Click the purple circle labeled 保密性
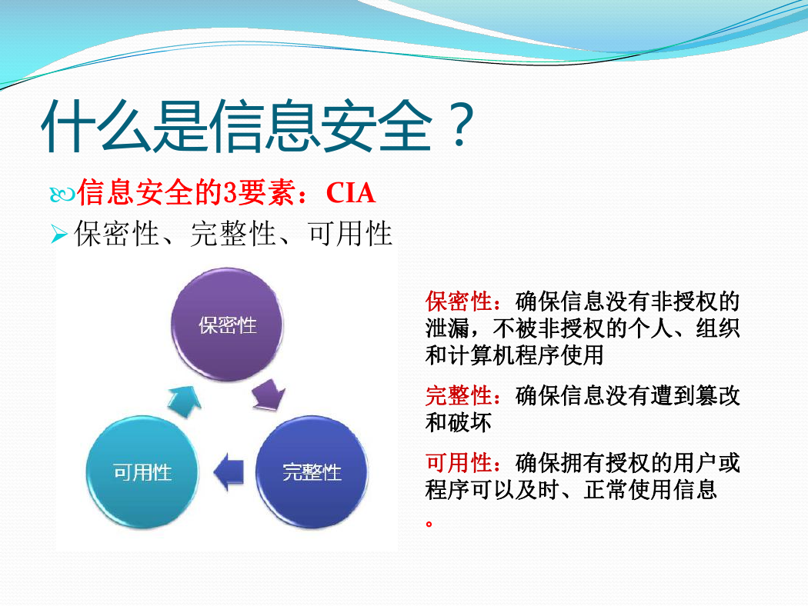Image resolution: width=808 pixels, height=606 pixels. click(x=227, y=325)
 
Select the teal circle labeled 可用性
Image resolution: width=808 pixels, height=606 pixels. click(x=142, y=471)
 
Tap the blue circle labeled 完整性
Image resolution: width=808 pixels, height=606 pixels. click(x=312, y=471)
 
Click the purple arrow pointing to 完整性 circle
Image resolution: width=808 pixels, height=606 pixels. click(x=269, y=395)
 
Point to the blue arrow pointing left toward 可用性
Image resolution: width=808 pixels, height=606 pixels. click(x=229, y=471)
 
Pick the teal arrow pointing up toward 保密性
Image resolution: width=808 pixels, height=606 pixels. click(x=185, y=401)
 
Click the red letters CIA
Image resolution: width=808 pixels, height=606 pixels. click(x=350, y=194)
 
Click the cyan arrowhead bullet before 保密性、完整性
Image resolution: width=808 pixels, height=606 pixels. click(x=59, y=235)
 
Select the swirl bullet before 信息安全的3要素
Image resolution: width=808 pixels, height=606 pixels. click(x=62, y=195)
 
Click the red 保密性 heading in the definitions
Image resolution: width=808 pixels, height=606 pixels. click(x=459, y=301)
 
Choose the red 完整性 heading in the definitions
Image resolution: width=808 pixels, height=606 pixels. click(x=459, y=396)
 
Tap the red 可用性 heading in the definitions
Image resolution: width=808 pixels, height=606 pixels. click(x=459, y=463)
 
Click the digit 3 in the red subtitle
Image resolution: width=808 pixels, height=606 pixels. click(x=230, y=194)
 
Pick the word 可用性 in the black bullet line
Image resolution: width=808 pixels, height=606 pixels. click(x=350, y=234)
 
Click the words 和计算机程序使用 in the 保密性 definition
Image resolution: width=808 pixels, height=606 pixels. click(x=514, y=355)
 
